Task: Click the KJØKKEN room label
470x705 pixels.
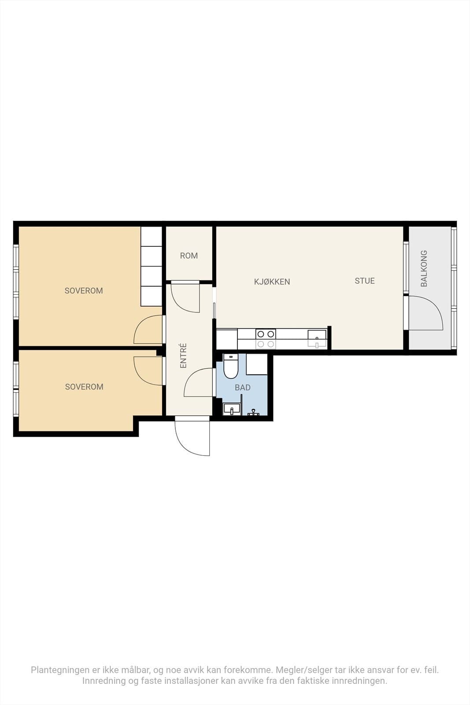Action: point(272,282)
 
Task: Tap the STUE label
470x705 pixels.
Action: point(365,281)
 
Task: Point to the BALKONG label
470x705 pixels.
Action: point(424,268)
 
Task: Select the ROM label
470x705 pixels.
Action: point(189,256)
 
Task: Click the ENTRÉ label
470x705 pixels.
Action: point(183,356)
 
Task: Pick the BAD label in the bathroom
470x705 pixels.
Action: point(243,387)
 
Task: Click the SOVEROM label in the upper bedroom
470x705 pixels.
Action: point(84,290)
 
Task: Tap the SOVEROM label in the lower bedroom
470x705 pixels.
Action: point(84,386)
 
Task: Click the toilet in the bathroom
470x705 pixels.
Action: point(231,366)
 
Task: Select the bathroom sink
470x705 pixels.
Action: point(232,409)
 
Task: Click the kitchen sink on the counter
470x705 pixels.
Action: point(317,339)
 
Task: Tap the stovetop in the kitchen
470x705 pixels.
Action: point(266,339)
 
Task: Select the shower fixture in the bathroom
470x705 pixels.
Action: point(253,412)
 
